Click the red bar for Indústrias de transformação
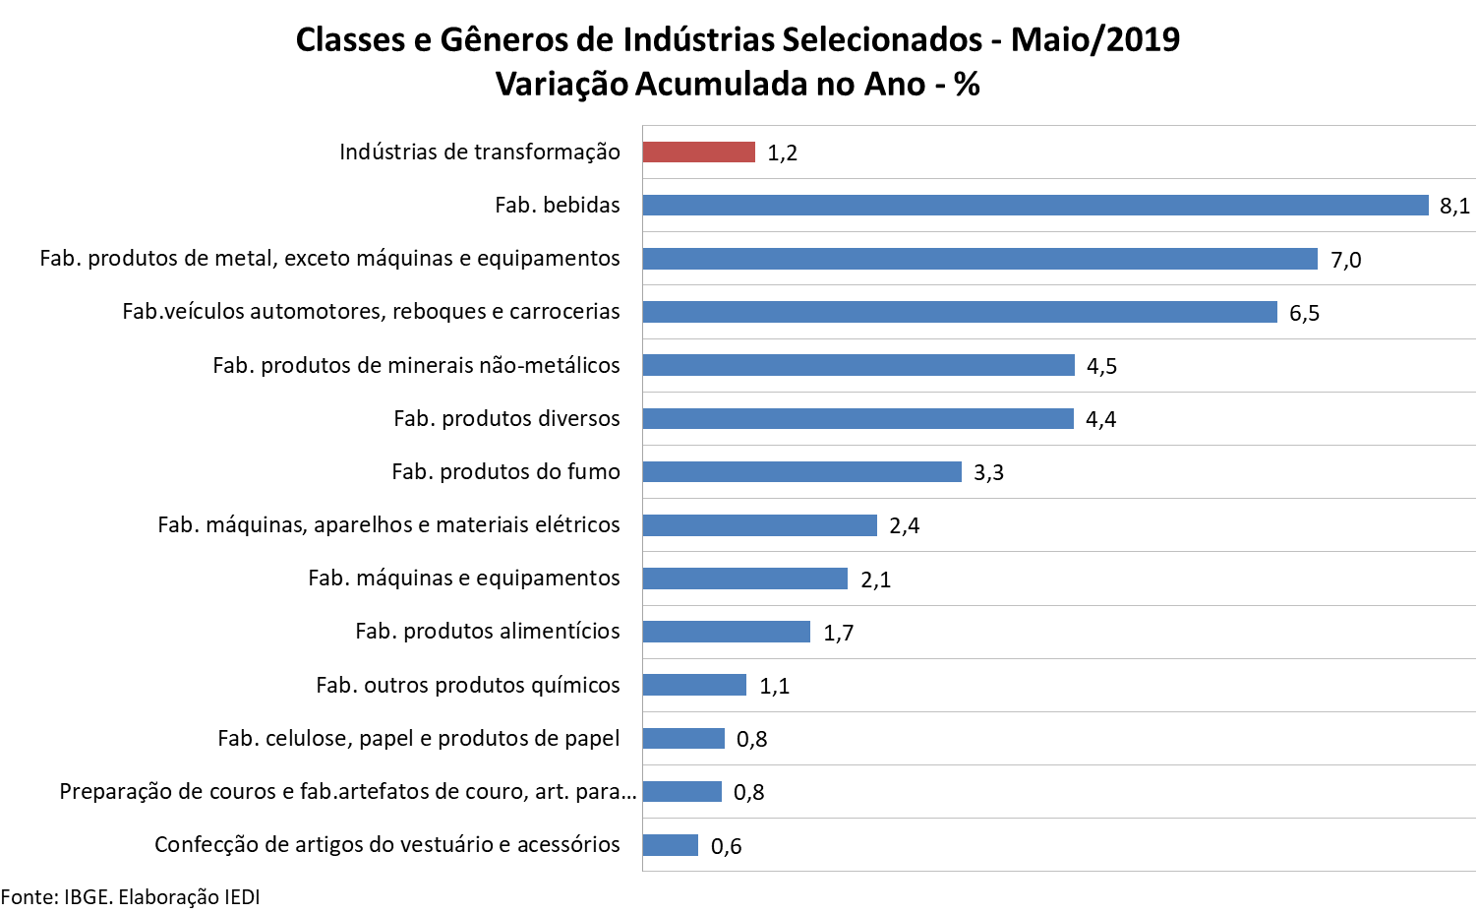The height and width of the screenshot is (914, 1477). pyautogui.click(x=698, y=152)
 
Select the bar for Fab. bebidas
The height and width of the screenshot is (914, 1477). pyautogui.click(x=1034, y=206)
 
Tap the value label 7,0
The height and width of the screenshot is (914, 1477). pyautogui.click(x=1345, y=260)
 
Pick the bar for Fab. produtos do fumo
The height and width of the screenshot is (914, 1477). pyautogui.click(x=801, y=472)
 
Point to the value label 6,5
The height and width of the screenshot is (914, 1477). pyautogui.click(x=1304, y=313)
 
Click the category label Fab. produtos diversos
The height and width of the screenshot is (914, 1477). pyautogui.click(x=506, y=419)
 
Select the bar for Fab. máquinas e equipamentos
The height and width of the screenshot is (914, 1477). pyautogui.click(x=744, y=579)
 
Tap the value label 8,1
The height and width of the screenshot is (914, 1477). pyautogui.click(x=1454, y=207)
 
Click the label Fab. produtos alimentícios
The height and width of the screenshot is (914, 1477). pyautogui.click(x=487, y=632)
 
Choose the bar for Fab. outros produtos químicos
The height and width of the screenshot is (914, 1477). pyautogui.click(x=694, y=685)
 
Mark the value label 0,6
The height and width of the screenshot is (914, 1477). pyautogui.click(x=726, y=846)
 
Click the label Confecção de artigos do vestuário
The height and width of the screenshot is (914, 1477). pyautogui.click(x=386, y=845)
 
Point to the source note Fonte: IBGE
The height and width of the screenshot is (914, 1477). pyautogui.click(x=130, y=897)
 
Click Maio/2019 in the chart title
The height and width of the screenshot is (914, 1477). pyautogui.click(x=1094, y=39)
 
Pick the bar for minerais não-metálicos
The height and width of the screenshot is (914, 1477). pyautogui.click(x=857, y=366)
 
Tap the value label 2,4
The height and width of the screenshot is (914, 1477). pyautogui.click(x=904, y=526)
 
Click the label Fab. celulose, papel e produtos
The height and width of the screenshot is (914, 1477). pyautogui.click(x=418, y=739)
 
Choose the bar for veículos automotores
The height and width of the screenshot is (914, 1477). pyautogui.click(x=959, y=313)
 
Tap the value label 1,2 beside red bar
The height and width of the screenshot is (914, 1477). pyautogui.click(x=782, y=153)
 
